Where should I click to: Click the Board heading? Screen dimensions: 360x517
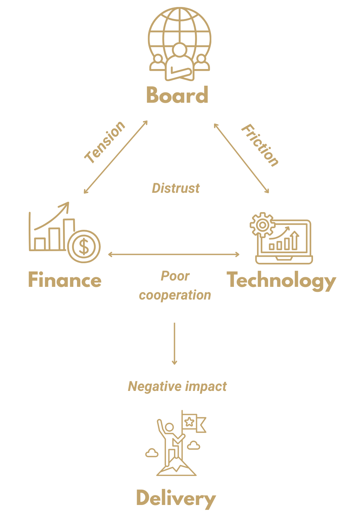177,95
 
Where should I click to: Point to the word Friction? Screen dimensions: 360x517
260,145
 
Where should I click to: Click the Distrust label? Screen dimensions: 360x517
176,188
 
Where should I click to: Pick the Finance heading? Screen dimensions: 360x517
65,280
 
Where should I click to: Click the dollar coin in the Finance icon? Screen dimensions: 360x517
84,247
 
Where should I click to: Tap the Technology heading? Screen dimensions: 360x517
282,281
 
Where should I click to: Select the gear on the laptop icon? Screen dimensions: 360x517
263,225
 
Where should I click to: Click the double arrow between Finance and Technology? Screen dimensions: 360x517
174,254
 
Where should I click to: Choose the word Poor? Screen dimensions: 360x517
175,276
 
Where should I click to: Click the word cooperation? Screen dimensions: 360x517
175,295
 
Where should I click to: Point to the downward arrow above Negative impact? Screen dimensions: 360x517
174,344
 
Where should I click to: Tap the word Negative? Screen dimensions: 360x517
155,387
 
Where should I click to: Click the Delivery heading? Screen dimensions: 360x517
176,499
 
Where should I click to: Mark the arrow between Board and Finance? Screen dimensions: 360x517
116,157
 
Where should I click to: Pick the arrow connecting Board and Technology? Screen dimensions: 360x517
241,158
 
